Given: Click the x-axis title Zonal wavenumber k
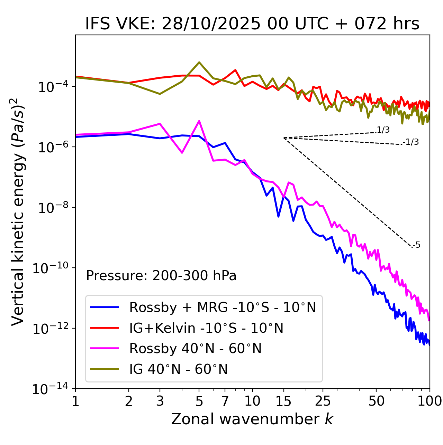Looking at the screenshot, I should point(252,419).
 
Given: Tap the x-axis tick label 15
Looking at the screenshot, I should point(283,401).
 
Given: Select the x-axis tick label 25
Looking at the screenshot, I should point(323,401).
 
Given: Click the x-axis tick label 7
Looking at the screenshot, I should point(225,401).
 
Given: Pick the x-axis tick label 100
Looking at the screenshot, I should point(429,401).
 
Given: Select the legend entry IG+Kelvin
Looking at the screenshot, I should point(206,328).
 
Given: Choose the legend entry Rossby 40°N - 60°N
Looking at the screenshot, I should point(195,349).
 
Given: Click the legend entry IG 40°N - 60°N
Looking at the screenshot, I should point(178,369).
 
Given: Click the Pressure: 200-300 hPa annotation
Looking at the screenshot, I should point(161,276).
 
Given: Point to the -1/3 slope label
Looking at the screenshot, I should point(411,142).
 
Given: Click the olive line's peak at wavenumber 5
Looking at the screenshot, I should point(199,62).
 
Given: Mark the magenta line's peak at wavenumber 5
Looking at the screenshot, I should point(199,121).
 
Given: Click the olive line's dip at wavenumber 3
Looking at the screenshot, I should point(160,94).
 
